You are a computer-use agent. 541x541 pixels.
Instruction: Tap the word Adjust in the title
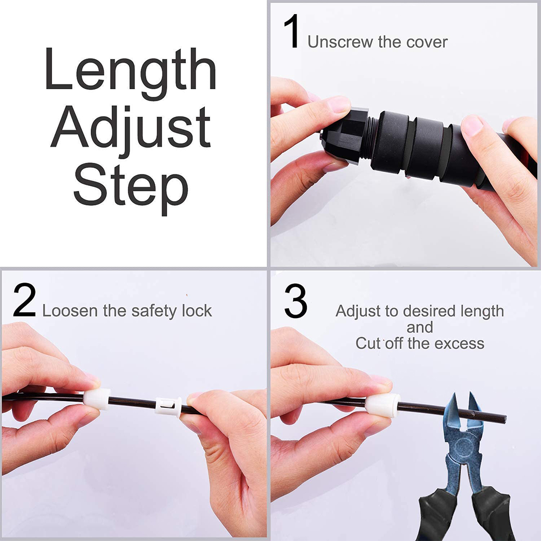coord(131,131)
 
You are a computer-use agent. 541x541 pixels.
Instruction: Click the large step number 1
coord(292,32)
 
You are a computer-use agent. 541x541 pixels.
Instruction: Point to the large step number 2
coord(25,300)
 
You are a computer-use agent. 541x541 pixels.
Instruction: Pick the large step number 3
coord(296,301)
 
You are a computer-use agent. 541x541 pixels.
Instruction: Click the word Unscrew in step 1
coord(340,42)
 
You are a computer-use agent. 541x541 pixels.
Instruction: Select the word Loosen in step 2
coord(70,311)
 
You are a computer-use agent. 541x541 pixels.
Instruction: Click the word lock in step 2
coord(197,311)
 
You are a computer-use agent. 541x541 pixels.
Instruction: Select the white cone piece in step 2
coord(97,399)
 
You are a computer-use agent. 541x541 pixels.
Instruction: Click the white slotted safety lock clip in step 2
coord(168,406)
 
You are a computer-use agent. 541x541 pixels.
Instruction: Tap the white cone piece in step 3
coord(382,405)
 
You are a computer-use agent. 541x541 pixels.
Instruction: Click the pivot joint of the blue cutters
coord(462,446)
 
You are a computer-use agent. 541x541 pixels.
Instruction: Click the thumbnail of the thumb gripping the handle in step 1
coord(472,126)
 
